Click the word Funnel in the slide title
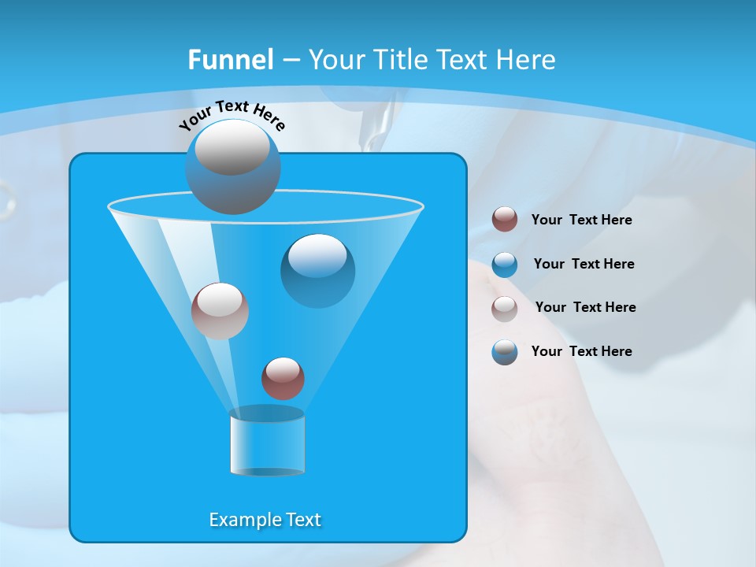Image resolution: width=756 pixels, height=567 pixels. pos(230,60)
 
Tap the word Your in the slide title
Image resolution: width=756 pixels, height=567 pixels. pos(335,60)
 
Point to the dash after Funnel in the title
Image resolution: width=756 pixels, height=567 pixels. pos(290,60)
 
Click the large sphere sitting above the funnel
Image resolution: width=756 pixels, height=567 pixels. pos(232,167)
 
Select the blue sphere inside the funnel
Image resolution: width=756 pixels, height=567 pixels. pos(317,271)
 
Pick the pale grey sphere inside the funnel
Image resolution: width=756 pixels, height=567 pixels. pos(220,311)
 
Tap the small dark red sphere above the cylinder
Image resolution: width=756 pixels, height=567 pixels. pos(283,378)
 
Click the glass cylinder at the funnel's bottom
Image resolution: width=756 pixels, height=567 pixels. pos(267,443)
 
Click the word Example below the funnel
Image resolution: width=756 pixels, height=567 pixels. pos(237,520)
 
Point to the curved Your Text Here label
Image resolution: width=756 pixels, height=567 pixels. pos(232,115)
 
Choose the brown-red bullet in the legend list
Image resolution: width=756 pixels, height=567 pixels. pos(505,220)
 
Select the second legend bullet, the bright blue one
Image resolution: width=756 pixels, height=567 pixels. pos(505,265)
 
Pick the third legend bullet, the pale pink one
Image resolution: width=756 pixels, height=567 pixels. pos(505,309)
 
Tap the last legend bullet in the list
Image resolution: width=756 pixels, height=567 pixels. pos(505,352)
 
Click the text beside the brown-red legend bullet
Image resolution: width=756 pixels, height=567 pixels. pos(581,220)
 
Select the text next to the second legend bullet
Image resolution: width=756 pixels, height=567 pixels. pos(584,265)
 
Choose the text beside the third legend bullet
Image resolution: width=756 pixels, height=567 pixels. pos(585,308)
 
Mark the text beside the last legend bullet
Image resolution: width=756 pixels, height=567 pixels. pos(581,352)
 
